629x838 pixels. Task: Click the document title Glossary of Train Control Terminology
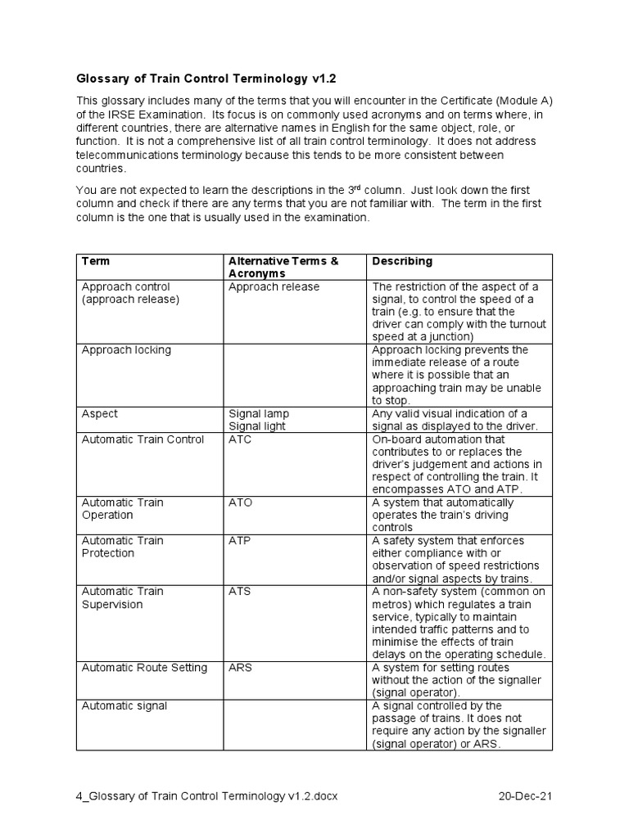click(x=206, y=79)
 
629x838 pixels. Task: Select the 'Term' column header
click(x=96, y=261)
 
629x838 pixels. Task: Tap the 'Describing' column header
click(x=402, y=261)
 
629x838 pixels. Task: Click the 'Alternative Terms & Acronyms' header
click(x=283, y=267)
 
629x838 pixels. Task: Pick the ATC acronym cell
click(x=240, y=439)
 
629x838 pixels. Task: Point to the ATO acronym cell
click(x=240, y=502)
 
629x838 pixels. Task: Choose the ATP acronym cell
click(x=240, y=540)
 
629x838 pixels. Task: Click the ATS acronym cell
click(x=240, y=591)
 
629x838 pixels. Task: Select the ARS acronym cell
click(x=240, y=667)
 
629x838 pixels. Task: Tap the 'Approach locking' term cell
click(x=126, y=350)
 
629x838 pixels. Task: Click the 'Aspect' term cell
click(x=99, y=414)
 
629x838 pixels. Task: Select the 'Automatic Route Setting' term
click(x=144, y=667)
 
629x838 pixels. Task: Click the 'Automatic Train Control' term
click(x=143, y=439)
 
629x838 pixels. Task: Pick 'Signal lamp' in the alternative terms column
click(x=259, y=414)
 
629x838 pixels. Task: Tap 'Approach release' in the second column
click(x=274, y=287)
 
